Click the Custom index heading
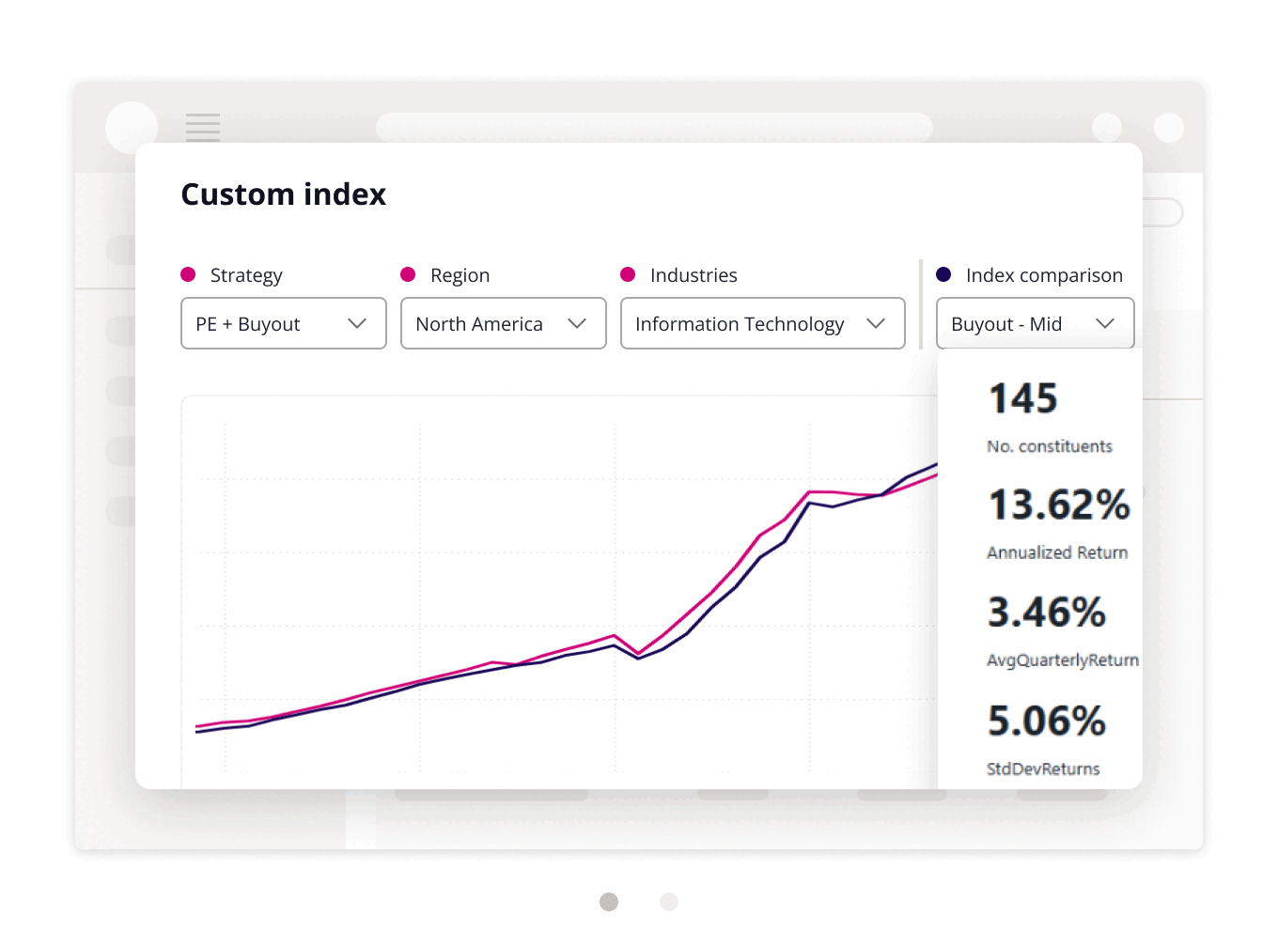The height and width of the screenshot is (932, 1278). (x=283, y=194)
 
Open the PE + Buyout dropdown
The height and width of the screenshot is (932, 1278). (x=283, y=323)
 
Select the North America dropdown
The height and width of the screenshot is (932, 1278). (x=503, y=323)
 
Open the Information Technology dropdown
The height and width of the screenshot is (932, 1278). (x=762, y=323)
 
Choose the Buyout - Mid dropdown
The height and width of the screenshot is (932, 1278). (x=1035, y=323)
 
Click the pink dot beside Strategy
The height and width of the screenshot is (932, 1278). (x=188, y=274)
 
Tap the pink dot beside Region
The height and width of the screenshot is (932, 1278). (x=408, y=274)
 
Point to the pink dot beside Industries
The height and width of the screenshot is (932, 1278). (x=628, y=274)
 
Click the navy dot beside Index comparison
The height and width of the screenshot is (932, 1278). (x=943, y=274)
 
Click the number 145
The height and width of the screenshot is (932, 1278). (x=1023, y=398)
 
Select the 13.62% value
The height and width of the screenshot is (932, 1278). (x=1059, y=505)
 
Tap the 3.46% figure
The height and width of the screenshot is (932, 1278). (x=1046, y=613)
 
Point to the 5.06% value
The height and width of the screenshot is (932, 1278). (x=1046, y=722)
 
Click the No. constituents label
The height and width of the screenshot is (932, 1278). (x=1050, y=446)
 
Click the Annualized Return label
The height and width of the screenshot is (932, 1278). (x=1057, y=552)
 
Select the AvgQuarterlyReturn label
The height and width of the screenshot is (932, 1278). (x=1063, y=660)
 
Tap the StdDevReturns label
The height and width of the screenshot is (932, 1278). (x=1043, y=769)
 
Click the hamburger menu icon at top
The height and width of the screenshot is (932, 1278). (x=203, y=127)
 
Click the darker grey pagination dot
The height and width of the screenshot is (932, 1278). (x=609, y=902)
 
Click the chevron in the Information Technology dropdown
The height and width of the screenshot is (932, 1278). (x=876, y=323)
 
